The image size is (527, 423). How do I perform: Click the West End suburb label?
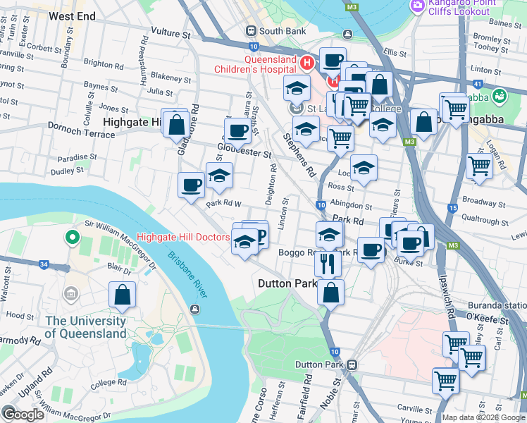(73, 15)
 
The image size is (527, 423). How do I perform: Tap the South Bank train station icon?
(250, 31)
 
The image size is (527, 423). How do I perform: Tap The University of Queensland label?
(86, 326)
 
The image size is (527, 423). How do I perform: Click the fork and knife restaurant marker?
(328, 263)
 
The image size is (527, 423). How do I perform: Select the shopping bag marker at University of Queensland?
(123, 295)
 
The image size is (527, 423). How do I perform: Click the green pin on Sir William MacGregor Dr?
(70, 238)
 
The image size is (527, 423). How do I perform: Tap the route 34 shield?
(44, 264)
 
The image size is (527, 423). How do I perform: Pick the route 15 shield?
(452, 208)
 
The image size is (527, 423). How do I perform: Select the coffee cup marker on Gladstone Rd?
(191, 185)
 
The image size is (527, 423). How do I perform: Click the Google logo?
(23, 415)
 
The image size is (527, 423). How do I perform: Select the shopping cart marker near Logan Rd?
(480, 167)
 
